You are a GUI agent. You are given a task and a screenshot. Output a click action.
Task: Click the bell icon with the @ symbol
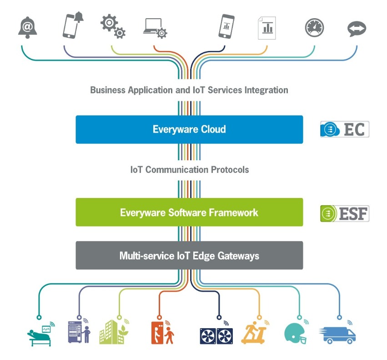point(27,28)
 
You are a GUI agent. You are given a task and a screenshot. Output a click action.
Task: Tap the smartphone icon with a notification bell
point(71,25)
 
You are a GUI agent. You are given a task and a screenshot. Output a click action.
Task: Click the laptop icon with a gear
point(155,28)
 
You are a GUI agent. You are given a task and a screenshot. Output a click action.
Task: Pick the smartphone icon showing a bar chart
point(226,26)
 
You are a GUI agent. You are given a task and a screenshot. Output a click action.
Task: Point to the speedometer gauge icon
point(314,27)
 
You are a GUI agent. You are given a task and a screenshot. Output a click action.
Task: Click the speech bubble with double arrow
point(356,29)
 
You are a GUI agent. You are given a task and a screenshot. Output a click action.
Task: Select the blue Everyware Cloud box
point(189,130)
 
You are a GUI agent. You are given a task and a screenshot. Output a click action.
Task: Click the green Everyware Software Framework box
point(189,213)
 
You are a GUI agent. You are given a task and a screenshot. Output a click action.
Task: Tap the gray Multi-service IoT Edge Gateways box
point(189,255)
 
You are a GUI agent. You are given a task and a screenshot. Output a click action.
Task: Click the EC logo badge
point(344,129)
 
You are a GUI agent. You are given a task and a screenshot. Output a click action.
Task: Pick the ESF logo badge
point(344,213)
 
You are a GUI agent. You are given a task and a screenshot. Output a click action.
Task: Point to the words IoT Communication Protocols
point(189,170)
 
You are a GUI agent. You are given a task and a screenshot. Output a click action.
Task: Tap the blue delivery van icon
point(338,335)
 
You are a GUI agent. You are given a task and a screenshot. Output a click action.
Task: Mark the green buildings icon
point(111,332)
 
